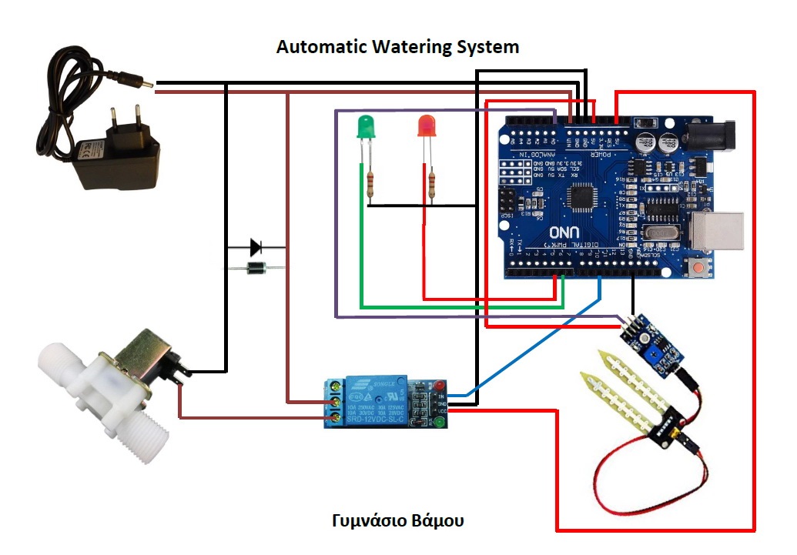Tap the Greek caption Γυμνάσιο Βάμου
(398, 520)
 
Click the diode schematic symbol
(256, 247)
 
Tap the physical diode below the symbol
(255, 268)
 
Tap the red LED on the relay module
(439, 384)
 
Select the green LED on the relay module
(439, 422)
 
